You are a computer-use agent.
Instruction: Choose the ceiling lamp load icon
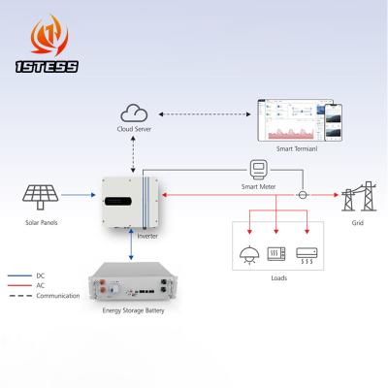248,255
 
